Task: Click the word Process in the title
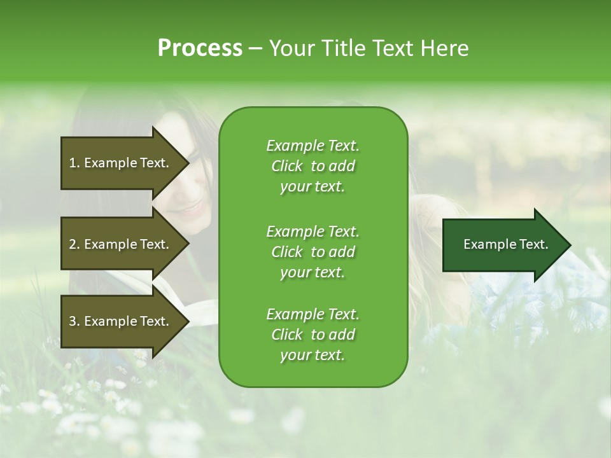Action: [200, 48]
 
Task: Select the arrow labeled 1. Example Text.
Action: [119, 163]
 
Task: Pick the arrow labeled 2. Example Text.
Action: [119, 244]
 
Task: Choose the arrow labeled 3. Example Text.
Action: [119, 321]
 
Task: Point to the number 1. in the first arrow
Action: [74, 163]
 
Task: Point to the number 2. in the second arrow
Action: [74, 244]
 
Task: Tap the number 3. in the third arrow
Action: [74, 321]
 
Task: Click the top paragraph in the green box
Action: [313, 166]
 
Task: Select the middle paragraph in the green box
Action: [313, 252]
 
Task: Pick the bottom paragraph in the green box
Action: [313, 335]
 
